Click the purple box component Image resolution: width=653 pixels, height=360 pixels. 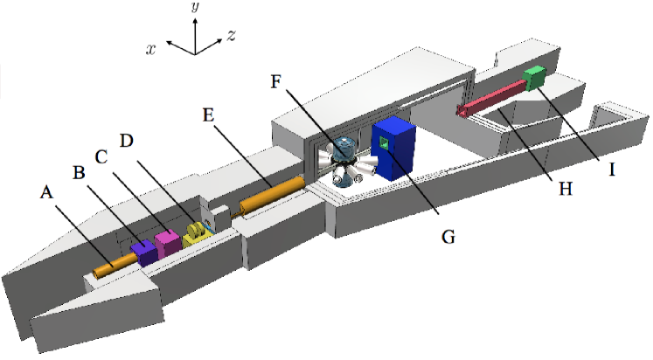(x=142, y=253)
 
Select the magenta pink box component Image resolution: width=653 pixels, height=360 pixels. (x=166, y=241)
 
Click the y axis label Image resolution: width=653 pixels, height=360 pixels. (x=196, y=8)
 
